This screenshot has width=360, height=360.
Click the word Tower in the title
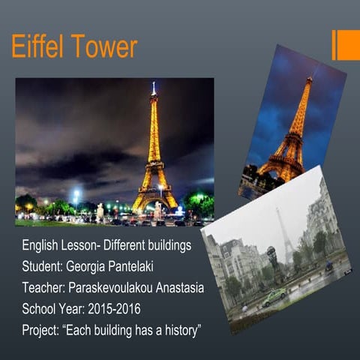coord(103,47)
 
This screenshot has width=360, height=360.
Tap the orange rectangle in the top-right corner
coord(346,45)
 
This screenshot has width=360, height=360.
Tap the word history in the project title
coord(178,330)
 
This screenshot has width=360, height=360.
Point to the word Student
coord(43,267)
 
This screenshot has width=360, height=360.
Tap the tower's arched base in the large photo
coord(154,201)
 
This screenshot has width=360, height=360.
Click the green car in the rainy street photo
coord(272,297)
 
